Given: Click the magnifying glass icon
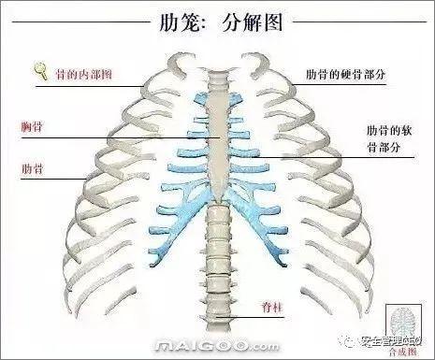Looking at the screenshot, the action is tap(41, 67).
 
